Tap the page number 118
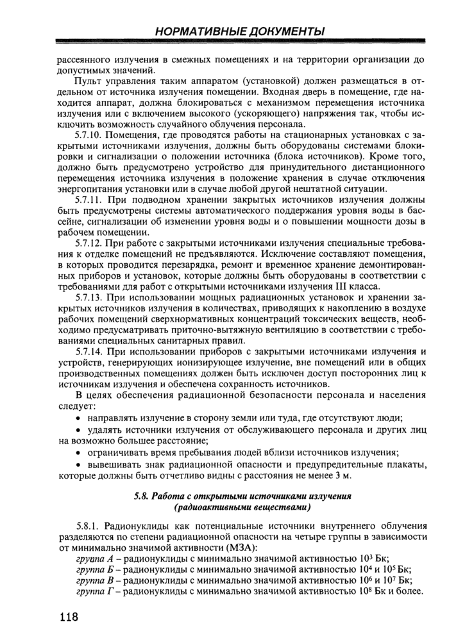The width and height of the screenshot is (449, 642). pos(66,618)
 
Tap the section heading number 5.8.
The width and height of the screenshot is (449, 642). pos(141,496)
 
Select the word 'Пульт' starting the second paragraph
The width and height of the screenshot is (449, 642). pos(88,82)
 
